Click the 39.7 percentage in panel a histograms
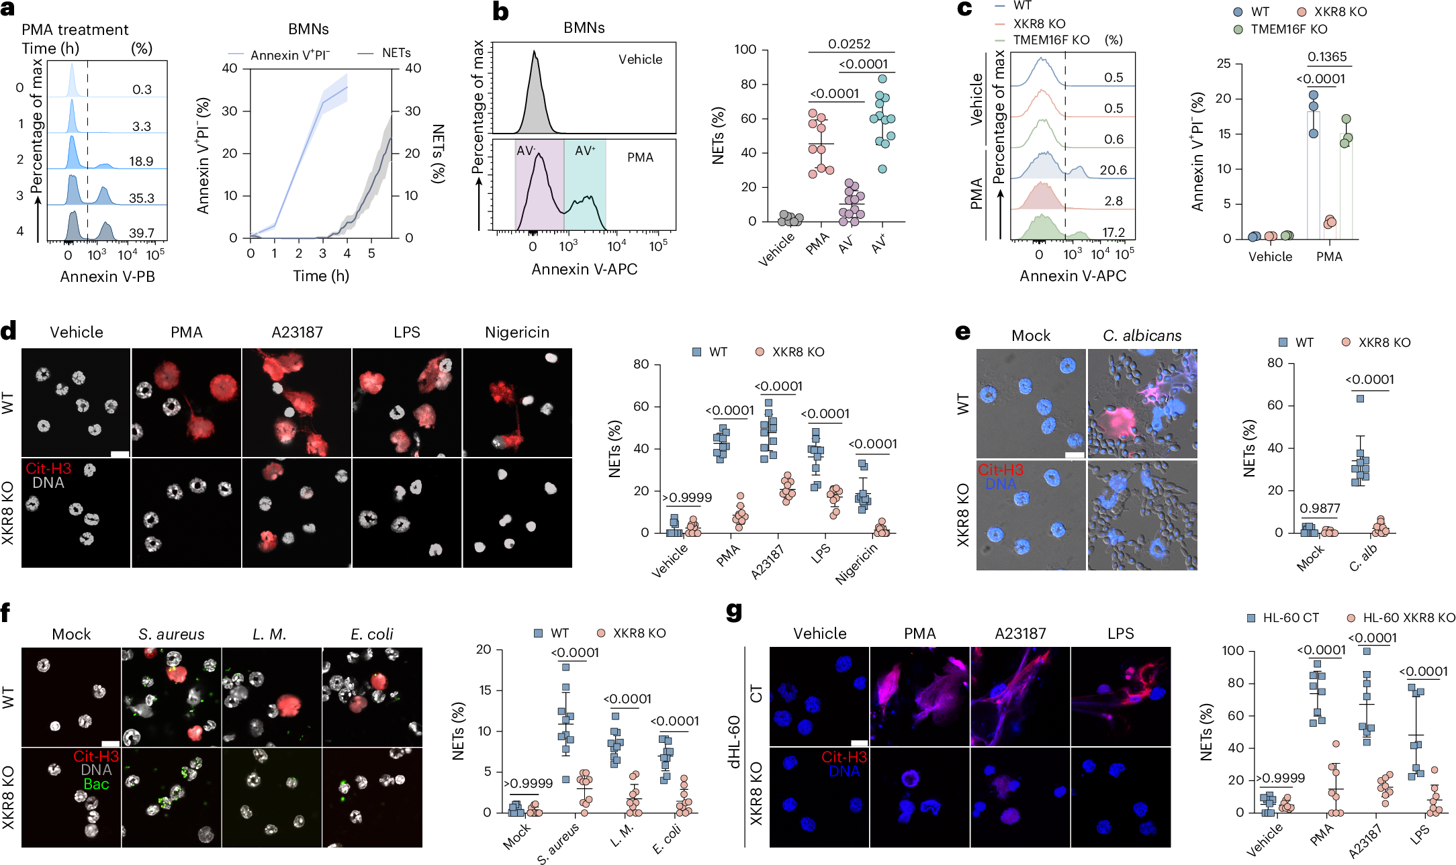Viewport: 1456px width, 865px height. pos(142,233)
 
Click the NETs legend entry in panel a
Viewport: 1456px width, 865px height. pos(396,52)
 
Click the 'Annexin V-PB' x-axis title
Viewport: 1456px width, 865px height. pos(107,276)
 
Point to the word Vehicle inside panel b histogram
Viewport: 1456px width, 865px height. pos(640,59)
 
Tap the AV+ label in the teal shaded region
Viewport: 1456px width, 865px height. pos(584,151)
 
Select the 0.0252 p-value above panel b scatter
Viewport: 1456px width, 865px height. pos(849,44)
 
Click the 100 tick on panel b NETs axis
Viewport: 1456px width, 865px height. pos(745,49)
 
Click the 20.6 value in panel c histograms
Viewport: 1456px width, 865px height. pos(1113,170)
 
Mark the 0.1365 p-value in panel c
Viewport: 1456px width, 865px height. pos(1326,56)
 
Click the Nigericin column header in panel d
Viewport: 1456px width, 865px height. pos(516,332)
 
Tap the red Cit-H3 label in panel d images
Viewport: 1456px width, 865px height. pos(48,468)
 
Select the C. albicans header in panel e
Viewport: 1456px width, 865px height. pos(1142,336)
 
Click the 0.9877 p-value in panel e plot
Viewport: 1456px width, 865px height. pos(1319,508)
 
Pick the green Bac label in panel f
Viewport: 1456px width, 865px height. pos(96,784)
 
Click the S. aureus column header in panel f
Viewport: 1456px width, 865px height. pos(171,634)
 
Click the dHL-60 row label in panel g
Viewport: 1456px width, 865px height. pos(734,742)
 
